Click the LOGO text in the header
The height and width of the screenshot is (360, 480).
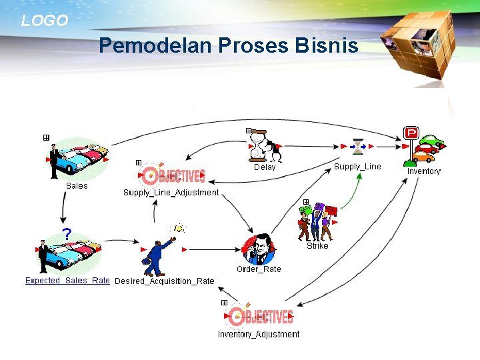[44, 21]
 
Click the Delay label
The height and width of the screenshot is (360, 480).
[265, 167]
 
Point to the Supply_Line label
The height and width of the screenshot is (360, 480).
[357, 167]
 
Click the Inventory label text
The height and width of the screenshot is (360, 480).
[424, 171]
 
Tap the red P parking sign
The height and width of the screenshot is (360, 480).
[411, 133]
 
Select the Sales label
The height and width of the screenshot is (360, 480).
[77, 186]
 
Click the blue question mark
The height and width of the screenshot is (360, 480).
[67, 234]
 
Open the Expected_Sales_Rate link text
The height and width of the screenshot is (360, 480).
[67, 281]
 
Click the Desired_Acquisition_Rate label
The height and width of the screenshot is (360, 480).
[165, 281]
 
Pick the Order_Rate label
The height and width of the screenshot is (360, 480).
[259, 269]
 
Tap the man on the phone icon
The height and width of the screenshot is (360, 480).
[259, 249]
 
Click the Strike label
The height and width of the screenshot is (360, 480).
[317, 246]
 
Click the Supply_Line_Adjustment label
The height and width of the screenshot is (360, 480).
[171, 193]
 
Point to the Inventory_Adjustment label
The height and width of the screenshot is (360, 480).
[259, 334]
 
